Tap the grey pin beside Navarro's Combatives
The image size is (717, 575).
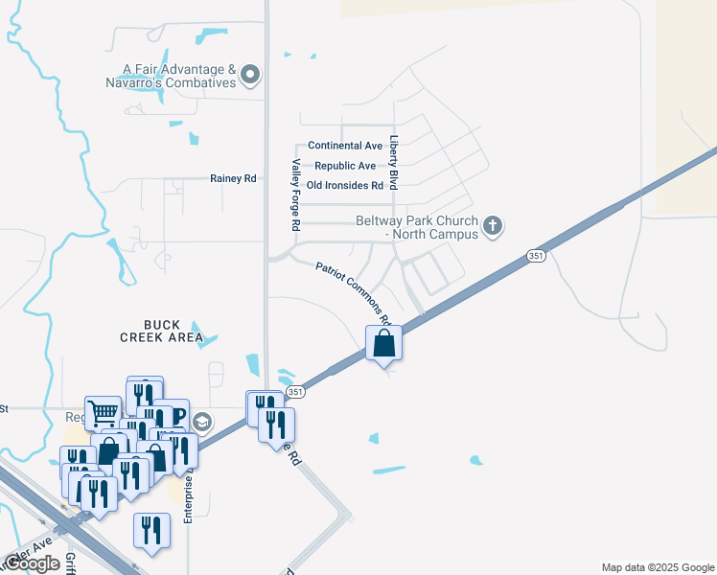coord(252,75)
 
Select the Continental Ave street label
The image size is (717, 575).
coord(345,146)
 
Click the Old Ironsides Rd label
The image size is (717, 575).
coord(345,185)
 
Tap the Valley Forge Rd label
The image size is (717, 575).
coord(296,195)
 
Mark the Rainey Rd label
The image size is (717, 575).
coord(233,178)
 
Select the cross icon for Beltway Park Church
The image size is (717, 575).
coord(493,226)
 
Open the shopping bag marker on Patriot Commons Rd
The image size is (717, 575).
coord(383,342)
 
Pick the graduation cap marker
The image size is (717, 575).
coord(202,422)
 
